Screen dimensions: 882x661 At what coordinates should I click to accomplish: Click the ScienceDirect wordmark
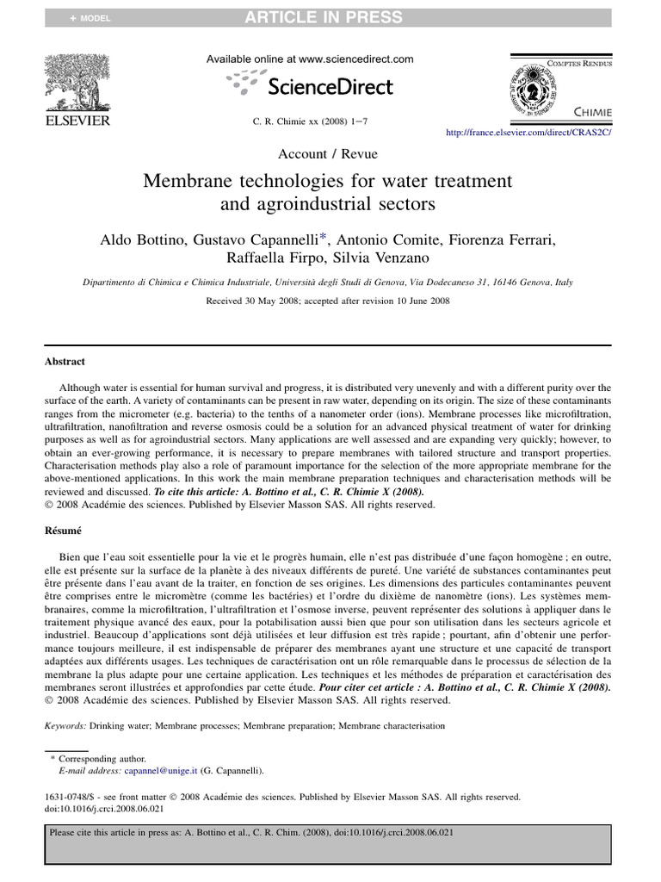(x=330, y=86)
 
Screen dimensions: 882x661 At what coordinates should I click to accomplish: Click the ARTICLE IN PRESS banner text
(x=335, y=17)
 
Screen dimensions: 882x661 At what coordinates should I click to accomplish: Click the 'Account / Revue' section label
(x=328, y=154)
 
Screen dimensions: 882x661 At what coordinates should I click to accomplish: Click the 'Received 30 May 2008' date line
(x=328, y=301)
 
